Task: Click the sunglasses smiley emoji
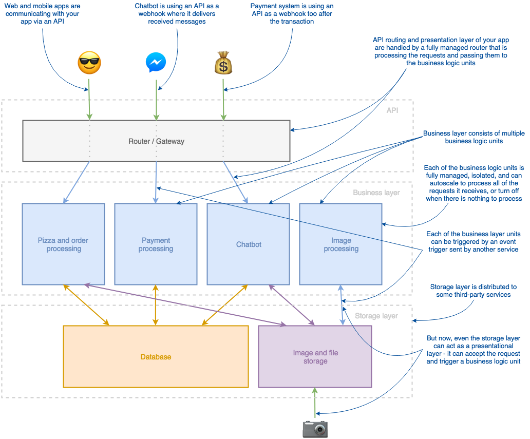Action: click(89, 63)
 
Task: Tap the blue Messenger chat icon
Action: click(155, 63)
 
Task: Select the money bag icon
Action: click(223, 63)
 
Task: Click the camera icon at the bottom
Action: click(315, 428)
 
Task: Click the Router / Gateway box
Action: click(156, 141)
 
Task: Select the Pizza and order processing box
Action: click(64, 244)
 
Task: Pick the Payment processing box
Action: click(156, 244)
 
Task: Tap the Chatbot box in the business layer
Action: click(249, 244)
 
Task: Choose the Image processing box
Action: click(341, 244)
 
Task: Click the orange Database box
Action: click(156, 357)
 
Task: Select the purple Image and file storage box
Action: click(315, 357)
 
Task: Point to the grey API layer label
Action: click(392, 110)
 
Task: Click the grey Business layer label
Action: click(376, 193)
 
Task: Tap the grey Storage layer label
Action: click(376, 316)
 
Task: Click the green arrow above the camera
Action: click(315, 403)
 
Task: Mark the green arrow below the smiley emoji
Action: click(89, 99)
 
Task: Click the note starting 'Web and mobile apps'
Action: click(43, 14)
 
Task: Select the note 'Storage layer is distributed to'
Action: click(474, 291)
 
